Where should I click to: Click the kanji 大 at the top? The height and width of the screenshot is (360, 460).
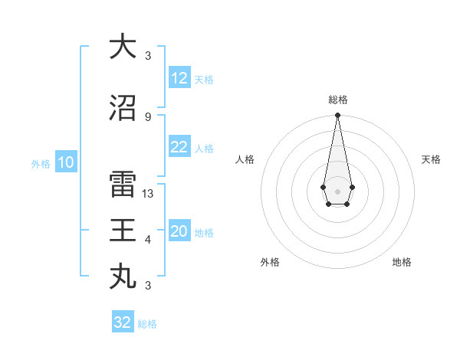point(123,47)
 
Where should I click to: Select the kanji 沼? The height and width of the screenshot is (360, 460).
point(123,109)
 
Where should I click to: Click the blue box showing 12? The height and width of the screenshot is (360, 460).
point(179,79)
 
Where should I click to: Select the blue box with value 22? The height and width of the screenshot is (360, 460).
point(179,148)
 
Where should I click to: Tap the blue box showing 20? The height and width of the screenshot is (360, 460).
point(179,232)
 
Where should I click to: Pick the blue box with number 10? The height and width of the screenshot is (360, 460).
point(66,162)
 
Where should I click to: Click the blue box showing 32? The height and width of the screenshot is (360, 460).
point(123,322)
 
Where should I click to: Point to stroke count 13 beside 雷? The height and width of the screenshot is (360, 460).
point(148,194)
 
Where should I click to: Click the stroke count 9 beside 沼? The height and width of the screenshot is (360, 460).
point(148,117)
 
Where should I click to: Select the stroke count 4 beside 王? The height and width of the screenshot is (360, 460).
point(148,240)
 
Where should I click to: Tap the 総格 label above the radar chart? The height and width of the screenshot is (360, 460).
point(337,100)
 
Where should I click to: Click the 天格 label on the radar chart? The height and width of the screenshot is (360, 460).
point(431,159)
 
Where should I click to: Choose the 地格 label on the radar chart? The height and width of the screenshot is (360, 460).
point(402,262)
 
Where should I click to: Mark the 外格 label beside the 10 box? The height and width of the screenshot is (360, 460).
point(40,163)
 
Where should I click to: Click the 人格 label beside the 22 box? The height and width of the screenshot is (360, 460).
point(204,149)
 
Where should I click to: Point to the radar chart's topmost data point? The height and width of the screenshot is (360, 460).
point(337,116)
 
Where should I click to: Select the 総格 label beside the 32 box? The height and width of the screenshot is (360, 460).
point(147,324)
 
